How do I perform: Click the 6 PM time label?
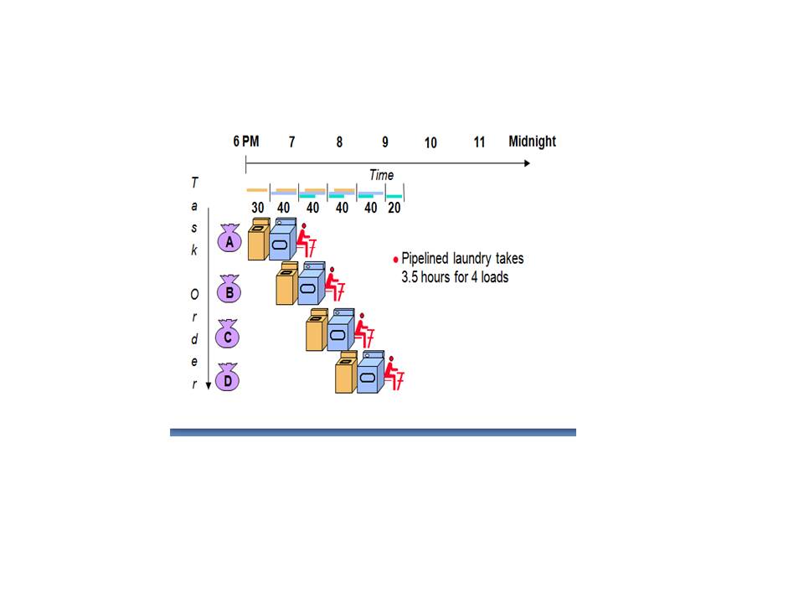coord(245,141)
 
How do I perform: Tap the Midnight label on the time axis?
coord(532,141)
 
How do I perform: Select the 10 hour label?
coord(430,142)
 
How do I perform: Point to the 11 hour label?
coord(479,142)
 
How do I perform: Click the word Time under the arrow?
coord(381,175)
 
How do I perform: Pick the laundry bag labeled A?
coord(229,240)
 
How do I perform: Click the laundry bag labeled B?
coord(229,291)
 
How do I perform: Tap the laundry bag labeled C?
coord(227,336)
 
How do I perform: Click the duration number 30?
coord(258,208)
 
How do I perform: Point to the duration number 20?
coord(394,208)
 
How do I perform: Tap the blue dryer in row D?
coord(369,374)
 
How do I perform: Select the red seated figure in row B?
coord(335,286)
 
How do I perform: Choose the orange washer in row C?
coord(316,331)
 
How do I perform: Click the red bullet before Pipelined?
coord(395,260)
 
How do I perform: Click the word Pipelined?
coord(430,260)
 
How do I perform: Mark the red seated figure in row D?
coord(393,375)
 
